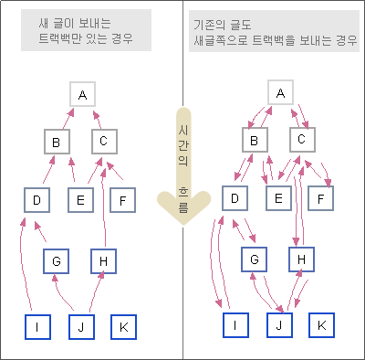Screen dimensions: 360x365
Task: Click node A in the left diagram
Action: (x=82, y=94)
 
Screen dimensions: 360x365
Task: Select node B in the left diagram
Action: (x=57, y=142)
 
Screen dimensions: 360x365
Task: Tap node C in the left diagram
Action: (x=104, y=142)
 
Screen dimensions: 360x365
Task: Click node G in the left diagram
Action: (x=57, y=262)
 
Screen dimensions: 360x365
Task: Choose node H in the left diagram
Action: (x=104, y=262)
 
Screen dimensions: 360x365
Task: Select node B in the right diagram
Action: (x=255, y=140)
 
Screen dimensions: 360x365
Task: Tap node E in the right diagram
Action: (x=278, y=198)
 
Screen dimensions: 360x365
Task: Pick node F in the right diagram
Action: (x=322, y=198)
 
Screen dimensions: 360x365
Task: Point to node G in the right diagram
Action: (x=255, y=261)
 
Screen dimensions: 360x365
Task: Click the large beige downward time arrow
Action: (x=182, y=174)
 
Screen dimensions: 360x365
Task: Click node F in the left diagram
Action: (x=123, y=198)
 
